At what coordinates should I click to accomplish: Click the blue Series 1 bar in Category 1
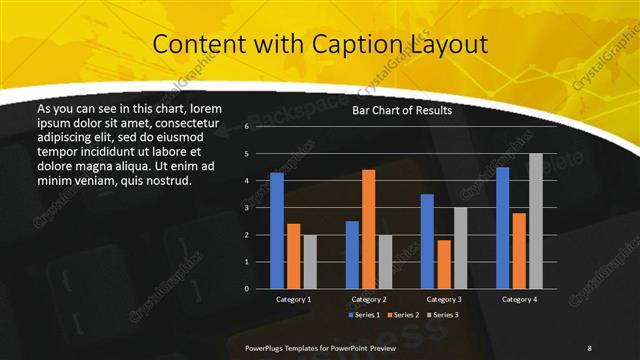277,230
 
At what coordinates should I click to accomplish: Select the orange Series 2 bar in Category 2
368,228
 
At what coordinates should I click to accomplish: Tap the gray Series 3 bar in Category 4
535,220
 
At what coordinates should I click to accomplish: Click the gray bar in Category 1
310,261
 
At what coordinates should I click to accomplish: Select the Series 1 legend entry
365,315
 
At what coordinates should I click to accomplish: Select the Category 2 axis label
369,299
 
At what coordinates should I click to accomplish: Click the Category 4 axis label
519,299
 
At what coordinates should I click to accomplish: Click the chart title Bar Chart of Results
402,111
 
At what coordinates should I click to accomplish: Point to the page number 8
589,347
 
